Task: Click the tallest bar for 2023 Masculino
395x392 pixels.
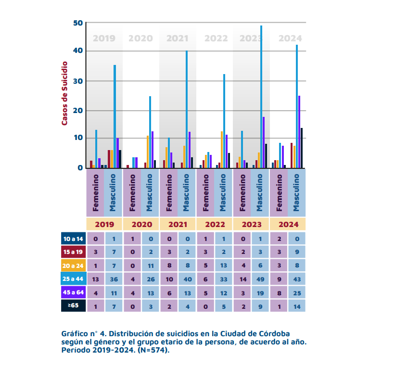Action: [261, 96]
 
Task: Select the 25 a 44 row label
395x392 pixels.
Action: [73, 278]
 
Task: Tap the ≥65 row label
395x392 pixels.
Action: [73, 305]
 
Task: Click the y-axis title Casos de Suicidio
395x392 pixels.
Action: [64, 93]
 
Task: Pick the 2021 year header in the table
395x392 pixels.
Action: [178, 224]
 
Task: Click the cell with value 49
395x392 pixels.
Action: [260, 278]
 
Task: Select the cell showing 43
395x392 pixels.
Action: [296, 278]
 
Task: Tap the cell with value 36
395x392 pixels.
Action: [114, 278]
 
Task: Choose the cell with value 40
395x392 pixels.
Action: [187, 278]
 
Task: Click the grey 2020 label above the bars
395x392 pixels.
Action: [140, 38]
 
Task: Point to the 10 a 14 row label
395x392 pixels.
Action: [73, 239]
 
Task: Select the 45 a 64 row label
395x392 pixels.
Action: [73, 292]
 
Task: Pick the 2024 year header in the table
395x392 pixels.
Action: [288, 224]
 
